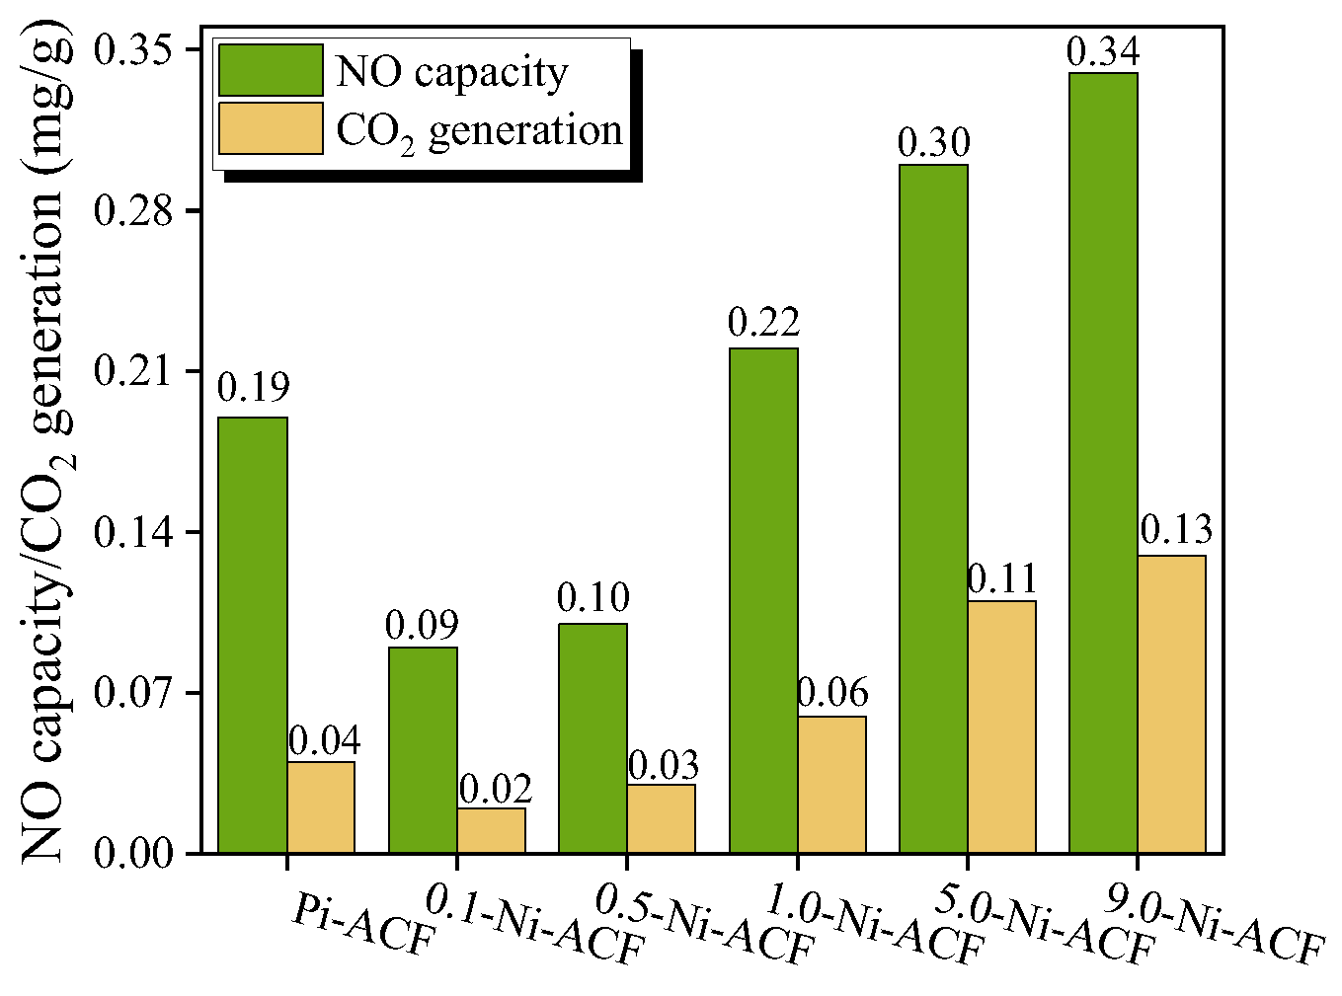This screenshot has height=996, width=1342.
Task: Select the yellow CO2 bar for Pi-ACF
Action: click(321, 806)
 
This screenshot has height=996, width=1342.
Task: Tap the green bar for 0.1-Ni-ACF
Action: click(423, 749)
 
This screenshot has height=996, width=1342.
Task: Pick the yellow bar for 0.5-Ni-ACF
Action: click(661, 818)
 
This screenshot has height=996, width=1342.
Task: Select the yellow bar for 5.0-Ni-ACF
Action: click(1002, 727)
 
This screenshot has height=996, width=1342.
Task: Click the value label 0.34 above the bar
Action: click(1103, 52)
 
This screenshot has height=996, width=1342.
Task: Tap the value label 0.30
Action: click(933, 144)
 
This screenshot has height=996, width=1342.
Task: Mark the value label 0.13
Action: click(1175, 531)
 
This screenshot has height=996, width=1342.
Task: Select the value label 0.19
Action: click(253, 388)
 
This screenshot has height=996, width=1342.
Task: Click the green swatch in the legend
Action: click(271, 70)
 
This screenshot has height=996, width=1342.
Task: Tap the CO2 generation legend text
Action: click(479, 131)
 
